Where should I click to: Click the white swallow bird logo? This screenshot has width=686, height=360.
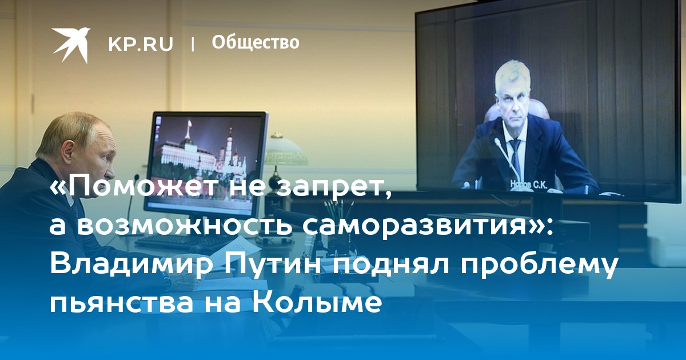[71, 44]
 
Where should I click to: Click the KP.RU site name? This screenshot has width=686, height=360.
[141, 44]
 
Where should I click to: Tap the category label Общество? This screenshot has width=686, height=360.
[256, 42]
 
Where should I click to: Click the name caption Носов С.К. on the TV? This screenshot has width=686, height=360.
[529, 183]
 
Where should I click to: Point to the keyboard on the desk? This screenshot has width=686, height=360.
[181, 242]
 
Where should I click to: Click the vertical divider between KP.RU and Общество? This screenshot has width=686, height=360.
[193, 44]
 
